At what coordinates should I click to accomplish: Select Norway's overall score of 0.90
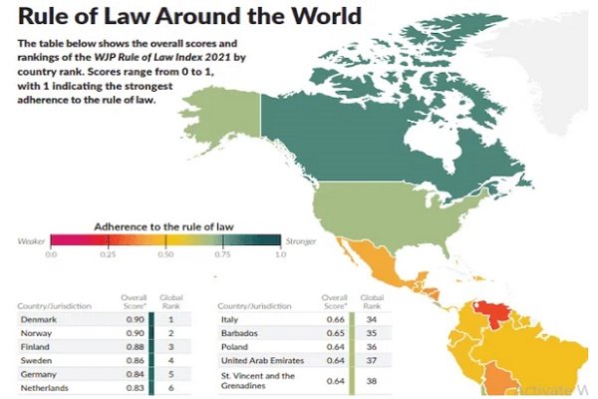click(134, 332)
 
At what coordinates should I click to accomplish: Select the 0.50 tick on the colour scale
click(166, 255)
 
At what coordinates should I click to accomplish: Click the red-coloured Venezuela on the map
click(490, 317)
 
